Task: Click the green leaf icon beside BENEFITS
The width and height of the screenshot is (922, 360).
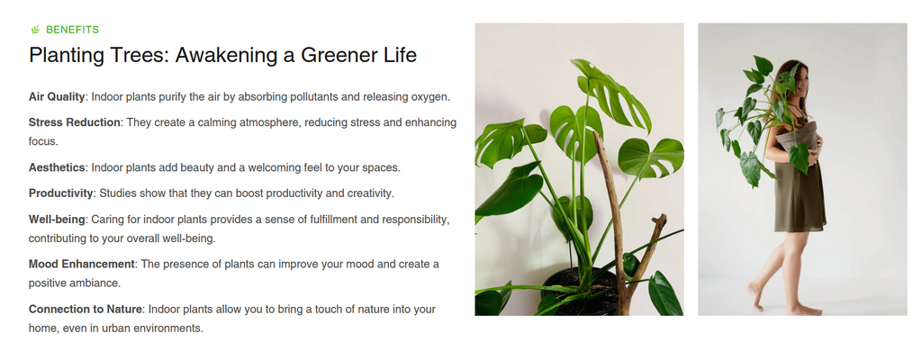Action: (x=35, y=30)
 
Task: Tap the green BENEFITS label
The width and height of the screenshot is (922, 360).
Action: (x=72, y=30)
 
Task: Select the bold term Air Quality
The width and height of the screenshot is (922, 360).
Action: (x=57, y=97)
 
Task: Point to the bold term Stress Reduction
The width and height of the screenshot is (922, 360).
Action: (x=75, y=122)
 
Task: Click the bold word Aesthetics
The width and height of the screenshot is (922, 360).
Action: (x=57, y=167)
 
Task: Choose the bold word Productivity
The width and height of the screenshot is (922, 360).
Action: (x=60, y=193)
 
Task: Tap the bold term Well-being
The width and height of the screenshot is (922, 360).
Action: (x=57, y=220)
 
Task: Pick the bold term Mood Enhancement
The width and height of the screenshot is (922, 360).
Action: (x=82, y=264)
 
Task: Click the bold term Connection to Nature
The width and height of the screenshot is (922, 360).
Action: (x=86, y=309)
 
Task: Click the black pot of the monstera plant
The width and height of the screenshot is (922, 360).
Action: (x=579, y=292)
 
